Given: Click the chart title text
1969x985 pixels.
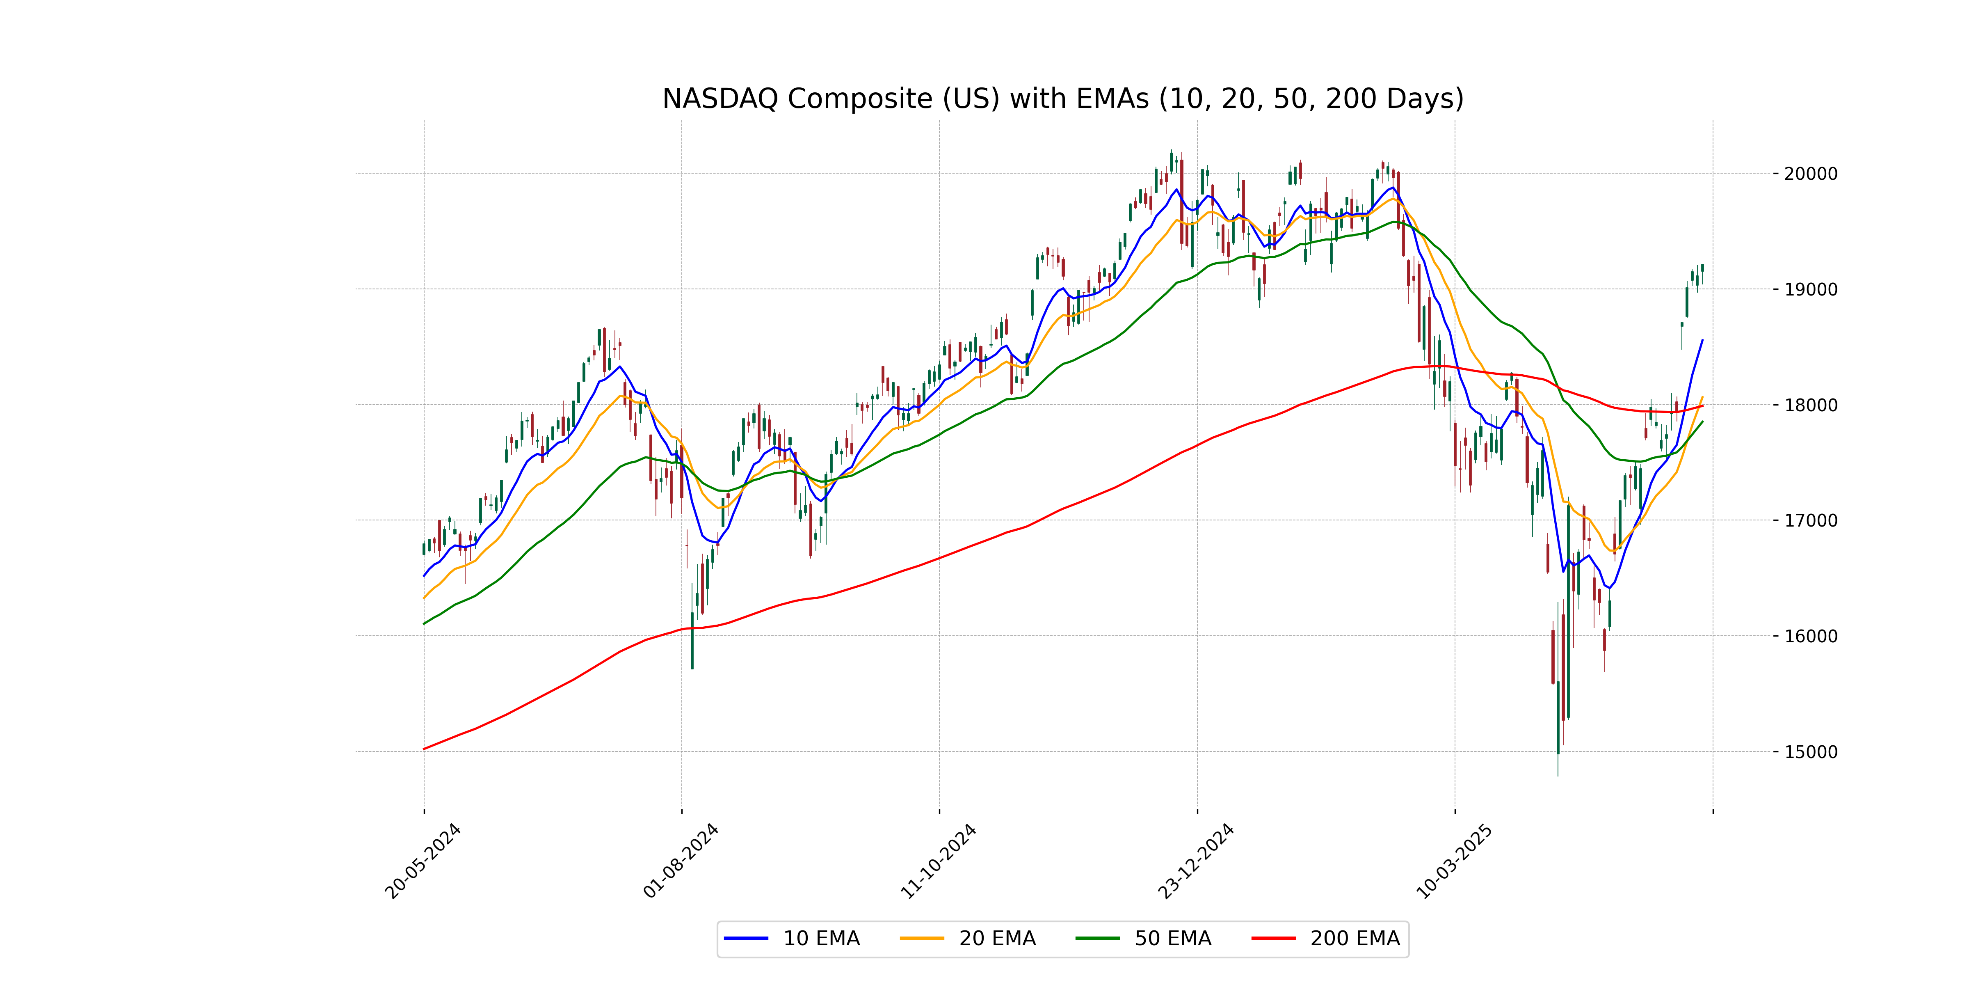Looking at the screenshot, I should pyautogui.click(x=1062, y=98).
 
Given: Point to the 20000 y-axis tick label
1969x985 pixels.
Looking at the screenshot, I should pyautogui.click(x=1810, y=174).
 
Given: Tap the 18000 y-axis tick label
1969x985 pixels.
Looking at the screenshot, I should pyautogui.click(x=1810, y=405).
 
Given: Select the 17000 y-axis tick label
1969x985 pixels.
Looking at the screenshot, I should pyautogui.click(x=1810, y=521).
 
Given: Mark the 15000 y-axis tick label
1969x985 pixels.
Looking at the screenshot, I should pyautogui.click(x=1810, y=752).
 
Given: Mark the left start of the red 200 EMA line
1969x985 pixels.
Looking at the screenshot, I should pyautogui.click(x=424, y=749).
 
